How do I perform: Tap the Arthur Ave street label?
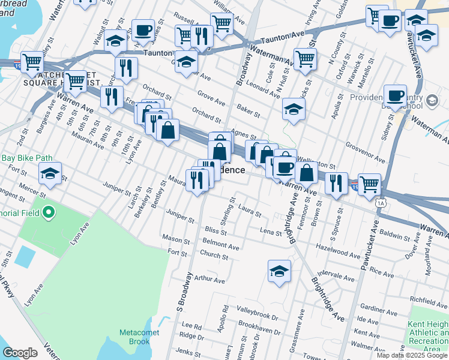click(209, 279)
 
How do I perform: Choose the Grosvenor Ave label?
click(366, 152)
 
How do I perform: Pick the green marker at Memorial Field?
click(49, 212)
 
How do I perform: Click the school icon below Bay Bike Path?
click(50, 174)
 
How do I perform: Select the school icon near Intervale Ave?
click(279, 271)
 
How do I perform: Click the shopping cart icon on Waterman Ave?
click(305, 59)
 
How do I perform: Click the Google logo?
click(20, 353)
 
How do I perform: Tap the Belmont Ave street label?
click(221, 246)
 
